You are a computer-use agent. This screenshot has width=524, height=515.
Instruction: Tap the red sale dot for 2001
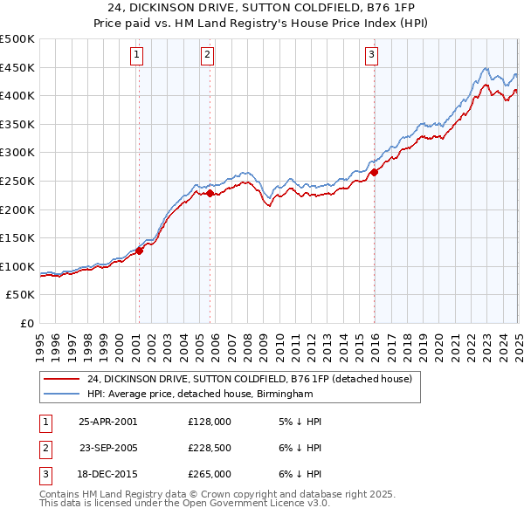tap(139, 251)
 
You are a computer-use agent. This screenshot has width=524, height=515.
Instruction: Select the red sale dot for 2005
tap(210, 193)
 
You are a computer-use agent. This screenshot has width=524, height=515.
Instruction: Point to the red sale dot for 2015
tap(374, 172)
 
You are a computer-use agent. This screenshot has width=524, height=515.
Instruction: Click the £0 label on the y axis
tap(26, 323)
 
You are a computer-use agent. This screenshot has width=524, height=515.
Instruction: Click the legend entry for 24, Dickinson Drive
tap(254, 379)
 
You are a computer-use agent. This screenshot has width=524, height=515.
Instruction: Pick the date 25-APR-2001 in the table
tap(107, 421)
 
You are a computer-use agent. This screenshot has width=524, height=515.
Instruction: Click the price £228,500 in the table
tap(209, 448)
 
